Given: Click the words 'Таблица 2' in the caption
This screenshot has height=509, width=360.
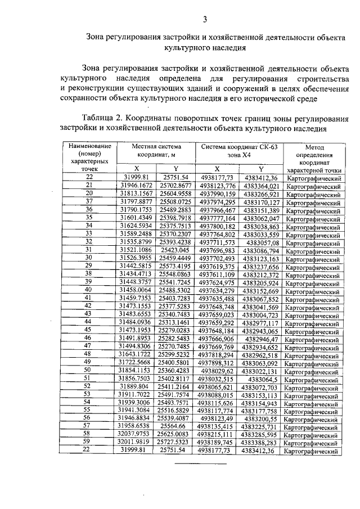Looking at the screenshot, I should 102,119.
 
